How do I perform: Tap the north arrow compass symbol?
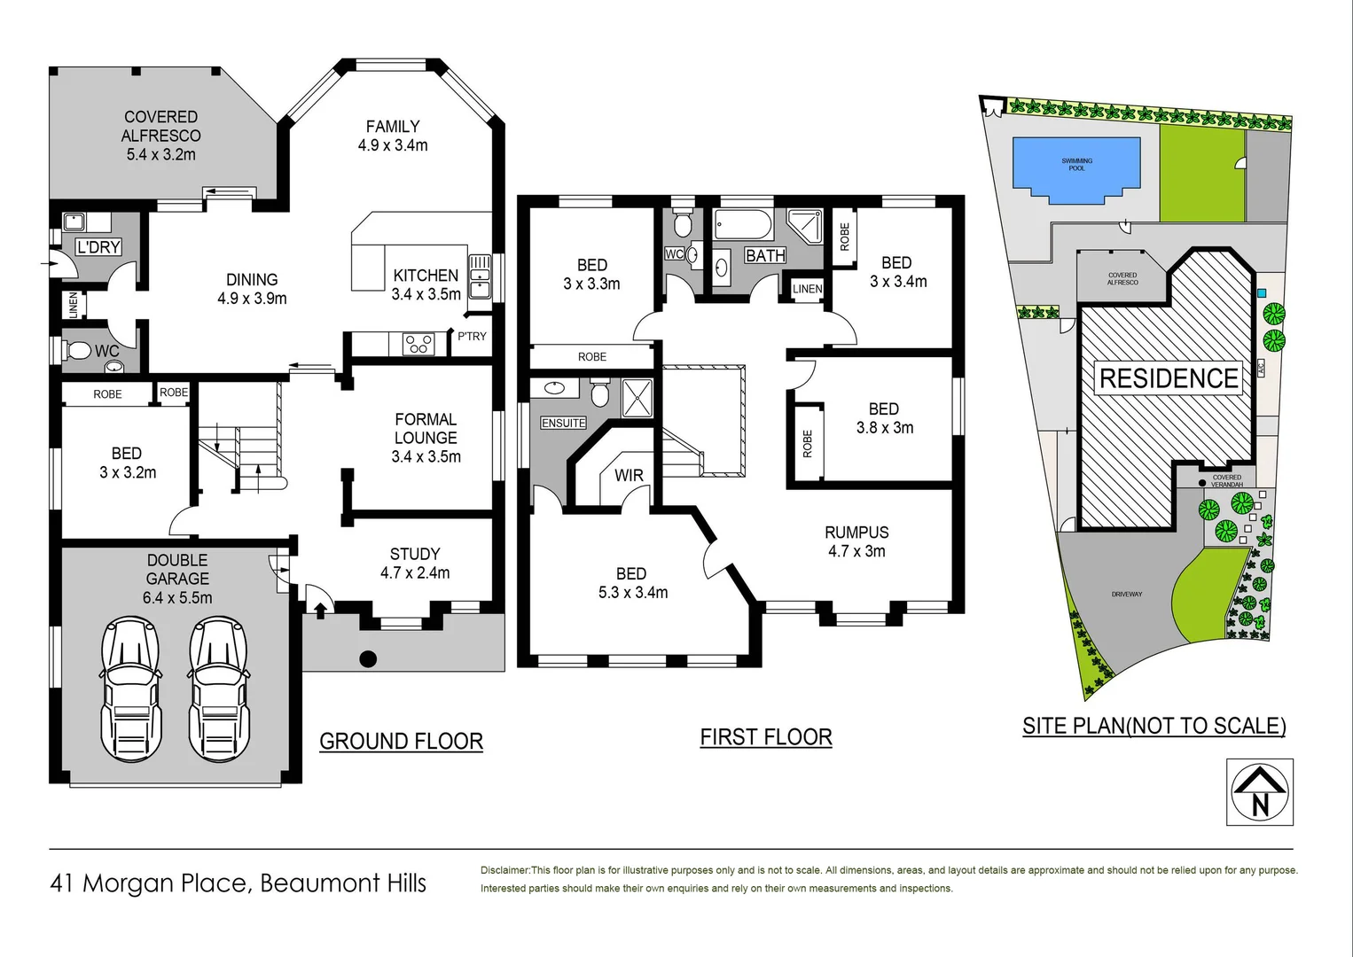coord(1260,791)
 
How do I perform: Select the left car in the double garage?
coord(131,689)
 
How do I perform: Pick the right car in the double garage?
coord(219,689)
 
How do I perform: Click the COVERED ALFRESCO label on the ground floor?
coord(160,135)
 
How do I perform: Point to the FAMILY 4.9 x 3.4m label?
coord(393,136)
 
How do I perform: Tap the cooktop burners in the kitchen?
coord(418,343)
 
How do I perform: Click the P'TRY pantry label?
coord(472,336)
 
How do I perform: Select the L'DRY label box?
coord(98,247)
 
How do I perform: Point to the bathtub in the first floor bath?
coord(743,225)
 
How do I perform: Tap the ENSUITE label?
coord(563,423)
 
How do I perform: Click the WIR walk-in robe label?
coord(629,475)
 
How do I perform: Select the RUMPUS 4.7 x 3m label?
coord(856,541)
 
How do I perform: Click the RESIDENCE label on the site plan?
coord(1168,378)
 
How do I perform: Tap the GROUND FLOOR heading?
coord(401,741)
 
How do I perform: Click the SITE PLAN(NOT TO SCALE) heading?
coord(1154,726)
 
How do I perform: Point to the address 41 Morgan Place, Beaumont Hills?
coord(238,883)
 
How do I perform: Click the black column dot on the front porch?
coord(368,658)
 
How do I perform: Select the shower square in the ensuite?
coord(637,398)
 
